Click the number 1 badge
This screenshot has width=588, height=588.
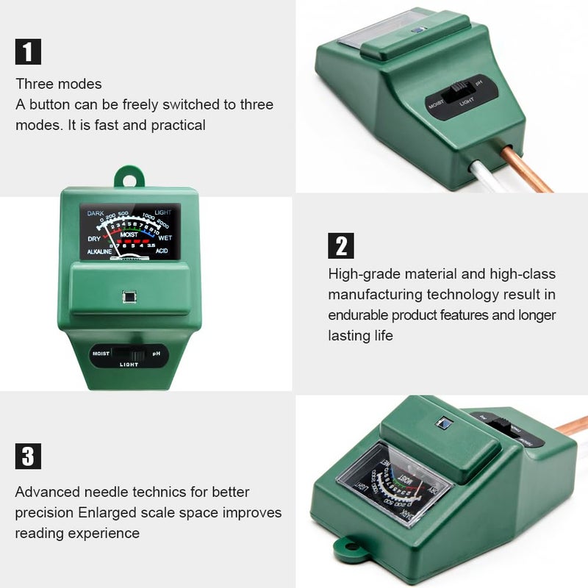[x=28, y=51]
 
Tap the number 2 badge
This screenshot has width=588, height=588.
[x=340, y=245]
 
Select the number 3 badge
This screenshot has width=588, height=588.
[x=28, y=456]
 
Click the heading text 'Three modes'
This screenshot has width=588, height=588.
[x=59, y=84]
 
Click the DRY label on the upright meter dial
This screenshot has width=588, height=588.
[x=94, y=238]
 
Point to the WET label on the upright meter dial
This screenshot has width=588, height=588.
[x=165, y=238]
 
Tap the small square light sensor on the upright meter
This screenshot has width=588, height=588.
[x=128, y=297]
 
